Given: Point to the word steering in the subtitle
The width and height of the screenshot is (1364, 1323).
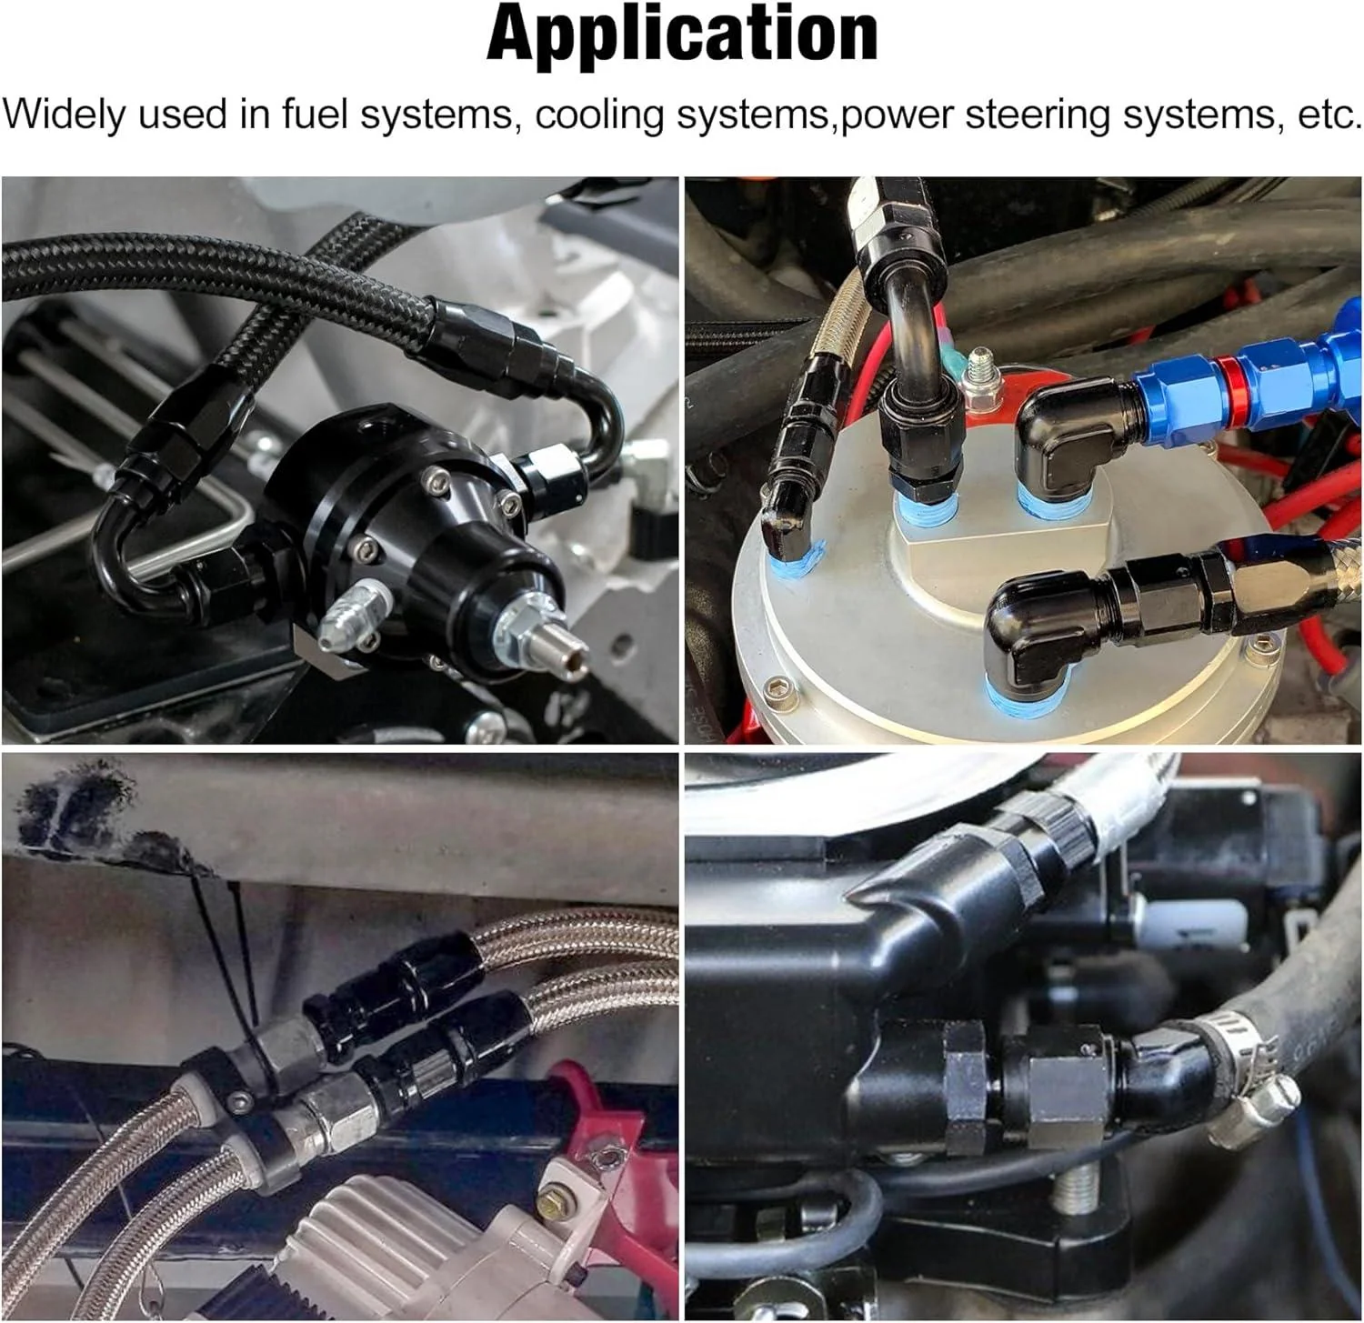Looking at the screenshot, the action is click(x=1031, y=116).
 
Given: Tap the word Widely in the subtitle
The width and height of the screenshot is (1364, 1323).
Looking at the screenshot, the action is click(x=65, y=116).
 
